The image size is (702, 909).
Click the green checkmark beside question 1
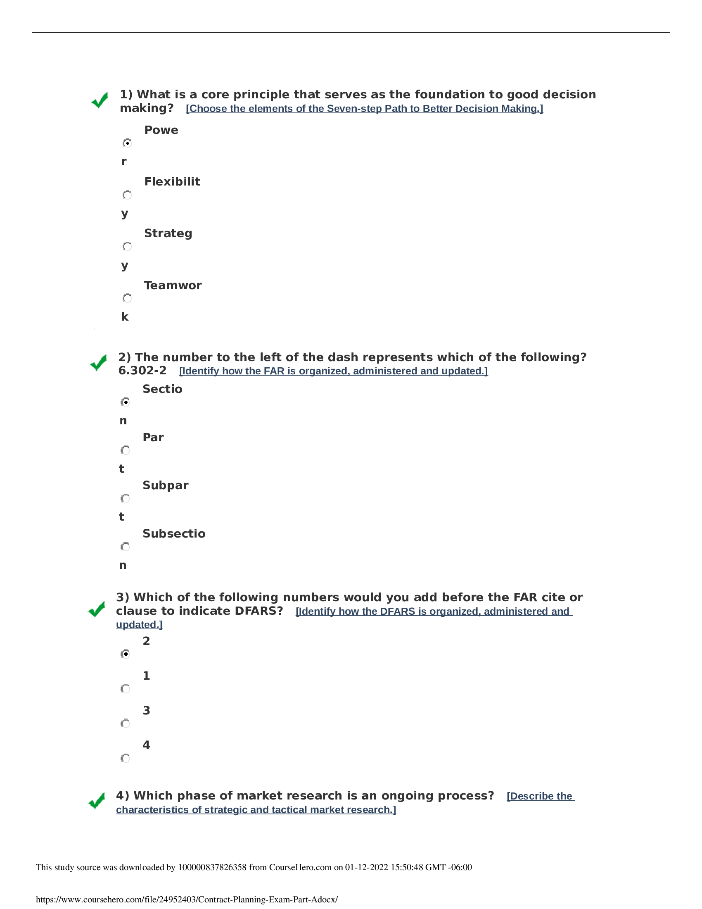pos(100,100)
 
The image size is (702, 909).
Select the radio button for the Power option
pos(127,143)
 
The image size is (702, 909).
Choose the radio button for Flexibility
pos(127,195)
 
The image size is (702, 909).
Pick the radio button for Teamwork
pos(127,298)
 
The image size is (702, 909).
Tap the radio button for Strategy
pos(127,247)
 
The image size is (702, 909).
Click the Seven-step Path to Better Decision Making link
pos(364,109)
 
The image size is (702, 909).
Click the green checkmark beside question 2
pos(98,362)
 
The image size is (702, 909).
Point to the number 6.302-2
pos(142,371)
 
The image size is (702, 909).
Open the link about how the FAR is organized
pos(333,371)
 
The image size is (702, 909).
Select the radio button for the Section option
pos(125,402)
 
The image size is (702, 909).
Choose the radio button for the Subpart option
pos(125,499)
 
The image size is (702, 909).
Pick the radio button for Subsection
pos(125,547)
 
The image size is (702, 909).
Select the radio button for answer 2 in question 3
pos(125,654)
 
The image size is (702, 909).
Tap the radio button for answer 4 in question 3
pos(125,758)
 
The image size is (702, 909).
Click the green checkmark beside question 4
pos(97,801)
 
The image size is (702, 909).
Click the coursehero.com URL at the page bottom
pos(187,899)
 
